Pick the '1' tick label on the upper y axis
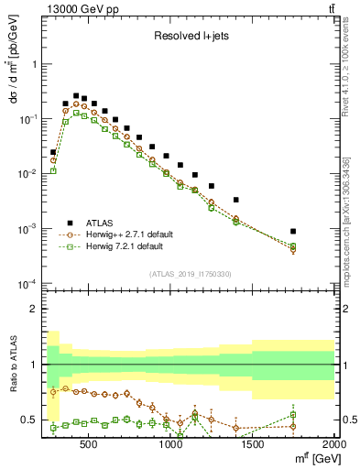[x=33, y=65]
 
